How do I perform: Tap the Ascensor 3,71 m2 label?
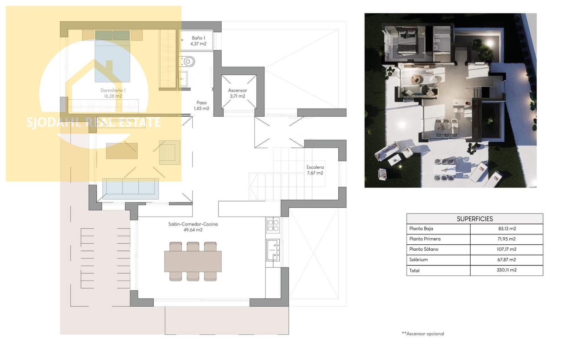[x=237, y=93]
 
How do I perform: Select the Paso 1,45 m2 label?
[x=201, y=105]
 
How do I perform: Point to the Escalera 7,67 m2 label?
[x=315, y=170]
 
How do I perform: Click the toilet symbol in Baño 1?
[x=187, y=62]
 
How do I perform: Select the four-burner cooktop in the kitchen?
[x=273, y=225]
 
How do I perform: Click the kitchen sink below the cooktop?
[x=273, y=250]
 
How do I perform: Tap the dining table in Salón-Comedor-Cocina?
[x=193, y=261]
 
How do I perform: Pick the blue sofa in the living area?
[x=130, y=186]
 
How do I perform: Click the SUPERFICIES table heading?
[x=475, y=219]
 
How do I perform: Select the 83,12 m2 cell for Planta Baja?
[x=507, y=229]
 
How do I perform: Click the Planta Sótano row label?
[x=424, y=249]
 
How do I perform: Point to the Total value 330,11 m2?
[x=507, y=270]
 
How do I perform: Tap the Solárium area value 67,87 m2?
[x=507, y=259]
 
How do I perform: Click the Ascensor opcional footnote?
[x=423, y=334]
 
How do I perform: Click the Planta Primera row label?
[x=425, y=239]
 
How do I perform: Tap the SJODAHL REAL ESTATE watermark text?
[x=93, y=122]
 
